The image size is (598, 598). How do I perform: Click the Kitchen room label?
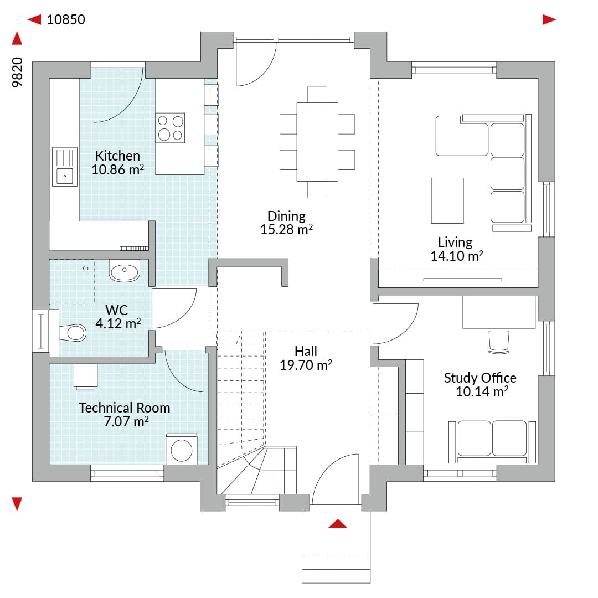(x=117, y=156)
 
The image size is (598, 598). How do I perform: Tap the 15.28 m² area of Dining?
(x=286, y=230)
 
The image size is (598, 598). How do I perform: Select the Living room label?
(x=455, y=242)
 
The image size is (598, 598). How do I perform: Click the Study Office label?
(x=480, y=378)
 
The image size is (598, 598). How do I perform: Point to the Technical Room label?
(x=125, y=408)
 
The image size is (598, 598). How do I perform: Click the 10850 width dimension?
(x=66, y=19)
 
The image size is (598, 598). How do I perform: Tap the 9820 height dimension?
(x=18, y=73)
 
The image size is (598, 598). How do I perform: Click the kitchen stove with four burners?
(x=170, y=128)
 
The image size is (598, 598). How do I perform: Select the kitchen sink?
(x=65, y=167)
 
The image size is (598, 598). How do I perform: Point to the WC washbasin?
(x=125, y=270)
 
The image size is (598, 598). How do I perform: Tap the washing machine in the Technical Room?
(x=182, y=449)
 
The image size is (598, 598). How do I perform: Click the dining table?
(x=317, y=142)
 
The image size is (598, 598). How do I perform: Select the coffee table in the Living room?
(x=447, y=200)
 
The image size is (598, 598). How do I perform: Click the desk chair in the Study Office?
(x=499, y=342)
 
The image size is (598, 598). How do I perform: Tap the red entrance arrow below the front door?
(x=338, y=524)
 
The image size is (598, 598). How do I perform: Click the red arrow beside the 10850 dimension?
(x=34, y=19)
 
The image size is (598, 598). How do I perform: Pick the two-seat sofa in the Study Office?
(x=492, y=442)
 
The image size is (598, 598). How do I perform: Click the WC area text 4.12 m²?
(x=118, y=324)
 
